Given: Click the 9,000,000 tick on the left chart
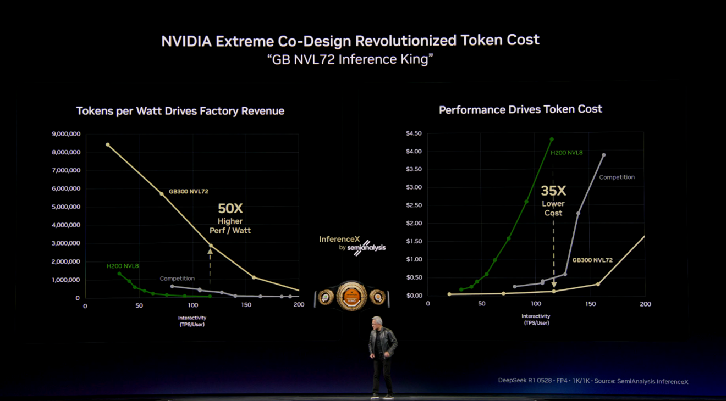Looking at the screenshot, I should tap(66, 134).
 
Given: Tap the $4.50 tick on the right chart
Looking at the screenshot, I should tap(414, 133).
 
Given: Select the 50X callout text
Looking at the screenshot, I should tap(230, 209).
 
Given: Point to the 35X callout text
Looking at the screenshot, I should tap(553, 191).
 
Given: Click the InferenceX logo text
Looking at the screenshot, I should tap(339, 240).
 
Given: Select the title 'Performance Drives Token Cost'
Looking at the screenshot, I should tap(520, 109).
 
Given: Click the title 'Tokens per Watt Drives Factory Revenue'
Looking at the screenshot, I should tap(180, 111).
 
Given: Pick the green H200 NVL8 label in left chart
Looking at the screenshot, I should tap(123, 266).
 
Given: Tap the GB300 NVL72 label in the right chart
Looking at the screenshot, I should tap(592, 260).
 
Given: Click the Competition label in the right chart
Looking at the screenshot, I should tap(617, 177).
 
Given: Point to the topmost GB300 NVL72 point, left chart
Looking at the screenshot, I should tap(108, 145).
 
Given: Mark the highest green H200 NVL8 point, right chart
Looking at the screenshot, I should tap(552, 140).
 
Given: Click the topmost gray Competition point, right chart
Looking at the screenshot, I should tap(604, 155).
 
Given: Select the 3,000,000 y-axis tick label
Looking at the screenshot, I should tap(66, 243).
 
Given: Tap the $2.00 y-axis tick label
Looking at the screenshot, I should tap(414, 223).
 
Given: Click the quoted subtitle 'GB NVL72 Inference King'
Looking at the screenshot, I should tap(350, 59).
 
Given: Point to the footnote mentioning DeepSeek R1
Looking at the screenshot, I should tap(593, 381).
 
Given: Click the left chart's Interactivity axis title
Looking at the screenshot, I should tap(192, 321).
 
